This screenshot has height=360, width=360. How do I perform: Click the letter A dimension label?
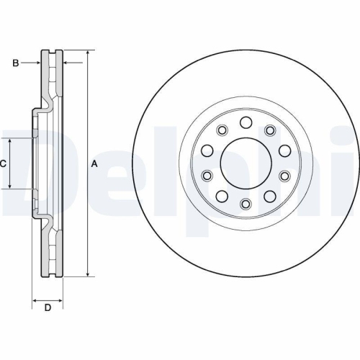94,164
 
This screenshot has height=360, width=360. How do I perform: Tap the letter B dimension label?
15,63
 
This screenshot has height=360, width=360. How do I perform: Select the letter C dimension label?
3,164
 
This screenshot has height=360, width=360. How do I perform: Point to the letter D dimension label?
48,309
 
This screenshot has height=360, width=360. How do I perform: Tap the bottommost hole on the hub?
245,204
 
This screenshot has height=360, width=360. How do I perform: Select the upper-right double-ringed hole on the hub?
271,130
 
